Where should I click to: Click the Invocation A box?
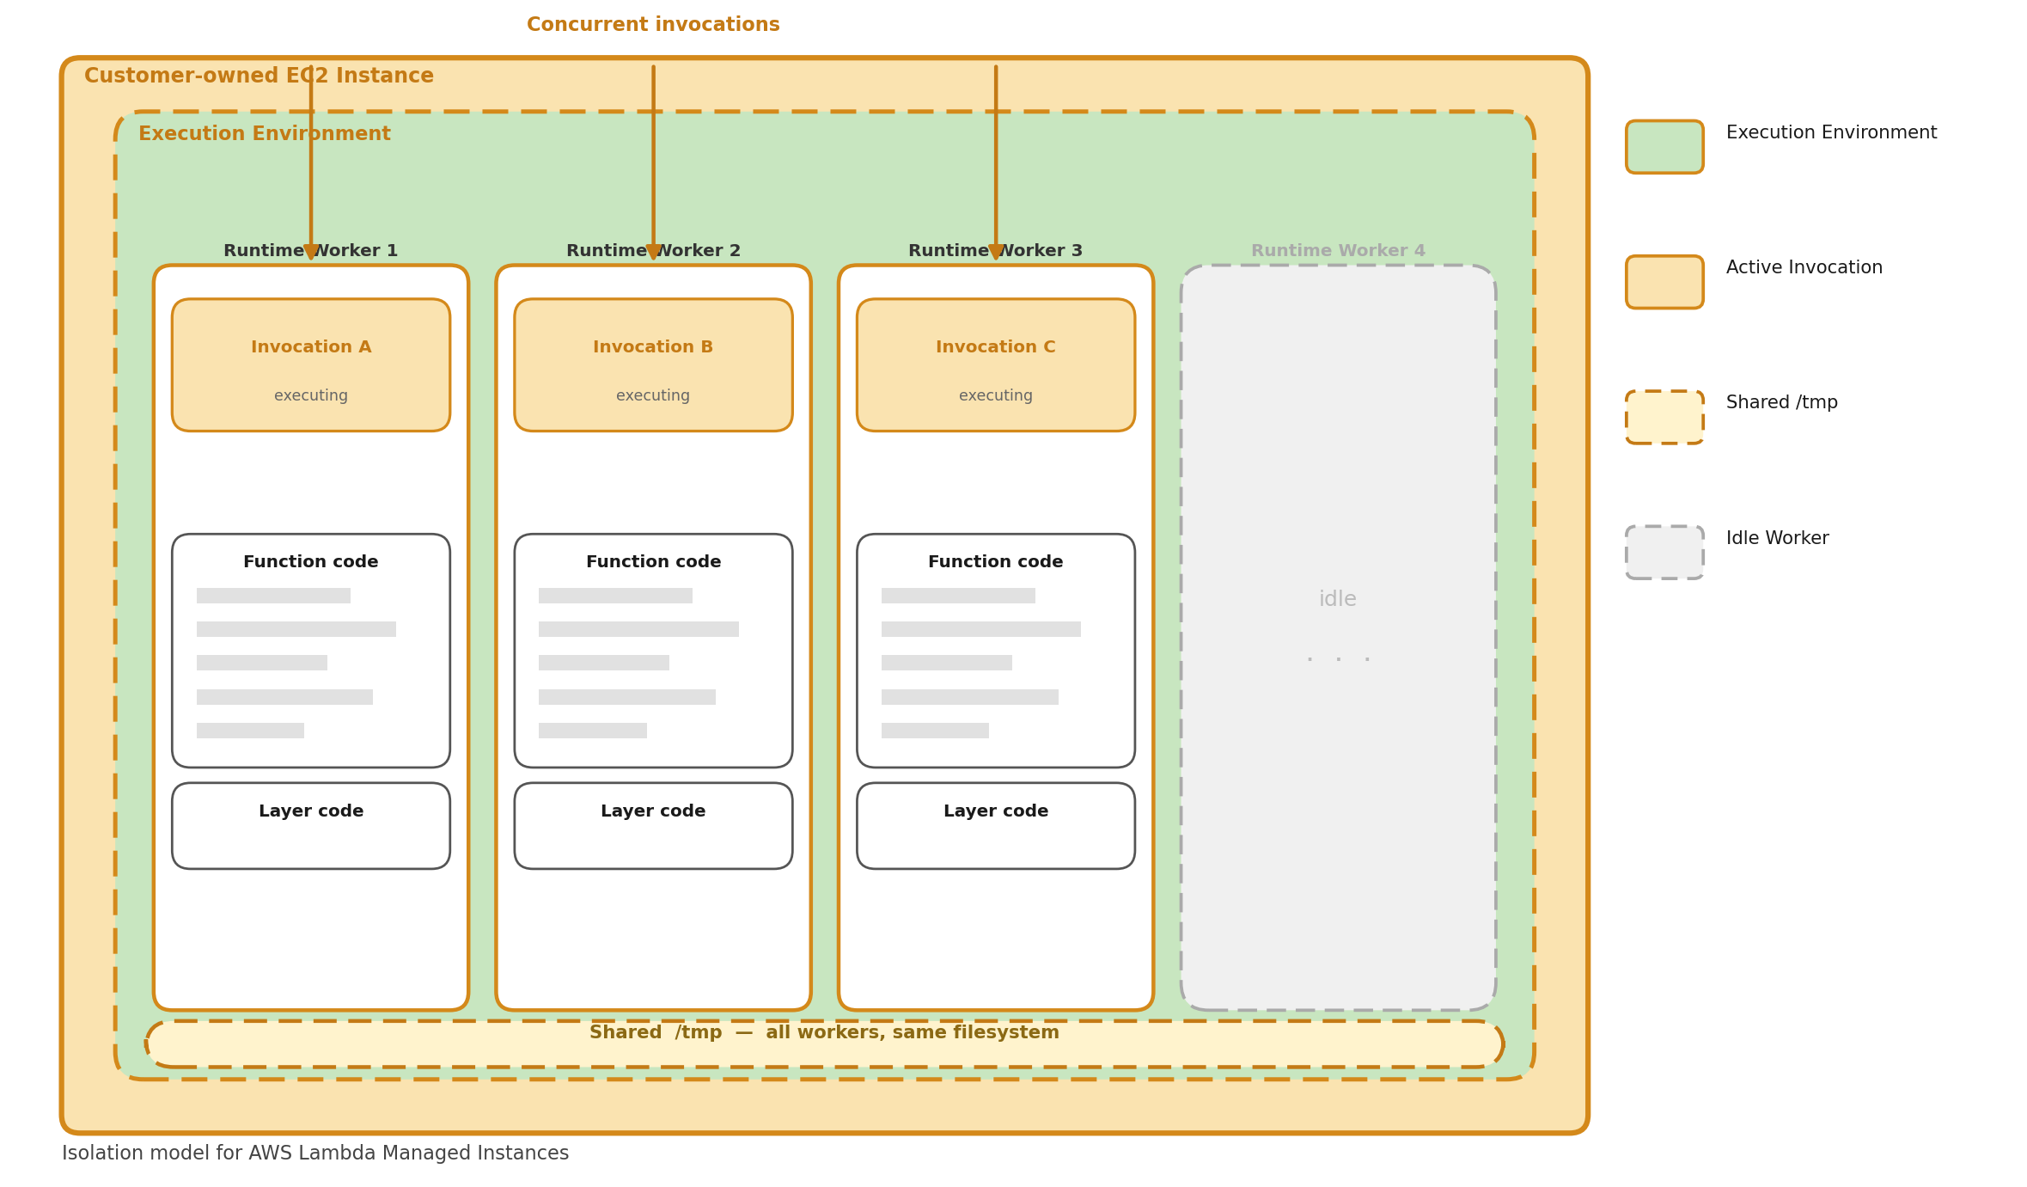pyautogui.click(x=310, y=365)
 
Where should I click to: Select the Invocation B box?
pyautogui.click(x=653, y=365)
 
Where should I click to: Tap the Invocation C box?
pyautogui.click(x=995, y=365)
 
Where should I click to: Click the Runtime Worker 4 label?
pyautogui.click(x=1338, y=251)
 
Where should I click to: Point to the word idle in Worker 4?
pyautogui.click(x=1338, y=599)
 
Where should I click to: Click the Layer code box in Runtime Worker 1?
pyautogui.click(x=310, y=825)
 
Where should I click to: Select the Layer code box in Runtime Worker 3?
pyautogui.click(x=995, y=825)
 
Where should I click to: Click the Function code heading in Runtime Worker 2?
pyautogui.click(x=653, y=562)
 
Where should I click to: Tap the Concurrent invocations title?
pyautogui.click(x=653, y=25)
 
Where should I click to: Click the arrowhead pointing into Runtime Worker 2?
pyautogui.click(x=653, y=251)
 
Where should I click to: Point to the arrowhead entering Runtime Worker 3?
pyautogui.click(x=996, y=251)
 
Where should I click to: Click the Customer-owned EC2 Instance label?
pyautogui.click(x=259, y=76)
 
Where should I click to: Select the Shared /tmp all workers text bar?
pyautogui.click(x=824, y=1043)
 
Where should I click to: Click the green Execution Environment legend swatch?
pyautogui.click(x=1664, y=147)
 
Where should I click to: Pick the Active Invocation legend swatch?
pyautogui.click(x=1664, y=282)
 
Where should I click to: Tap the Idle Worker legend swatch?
pyautogui.click(x=1664, y=552)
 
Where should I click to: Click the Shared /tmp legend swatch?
pyautogui.click(x=1664, y=417)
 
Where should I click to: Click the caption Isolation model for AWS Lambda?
pyautogui.click(x=314, y=1153)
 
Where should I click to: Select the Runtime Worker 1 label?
pyautogui.click(x=310, y=251)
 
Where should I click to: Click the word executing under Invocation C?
pyautogui.click(x=995, y=395)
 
